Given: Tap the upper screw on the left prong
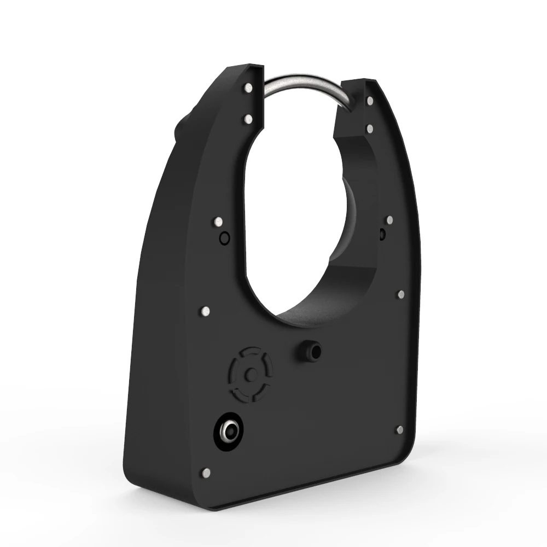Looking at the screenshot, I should coord(249,88).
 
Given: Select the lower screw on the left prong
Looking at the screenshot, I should coord(248,118).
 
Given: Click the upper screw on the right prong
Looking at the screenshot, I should coord(370,101).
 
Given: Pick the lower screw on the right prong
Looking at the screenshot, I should coord(370,128).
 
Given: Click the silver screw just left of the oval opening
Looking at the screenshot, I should coord(218,222).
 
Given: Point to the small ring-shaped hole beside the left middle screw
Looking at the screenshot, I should coord(223,238).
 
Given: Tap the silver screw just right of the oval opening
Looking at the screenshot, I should coord(389,220).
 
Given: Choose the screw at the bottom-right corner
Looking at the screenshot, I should coord(399,429).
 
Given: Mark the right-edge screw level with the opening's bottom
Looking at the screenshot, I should coord(401,294).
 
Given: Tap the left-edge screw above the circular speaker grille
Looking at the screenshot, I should coord(205,311).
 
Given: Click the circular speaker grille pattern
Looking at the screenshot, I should coord(250,374).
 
